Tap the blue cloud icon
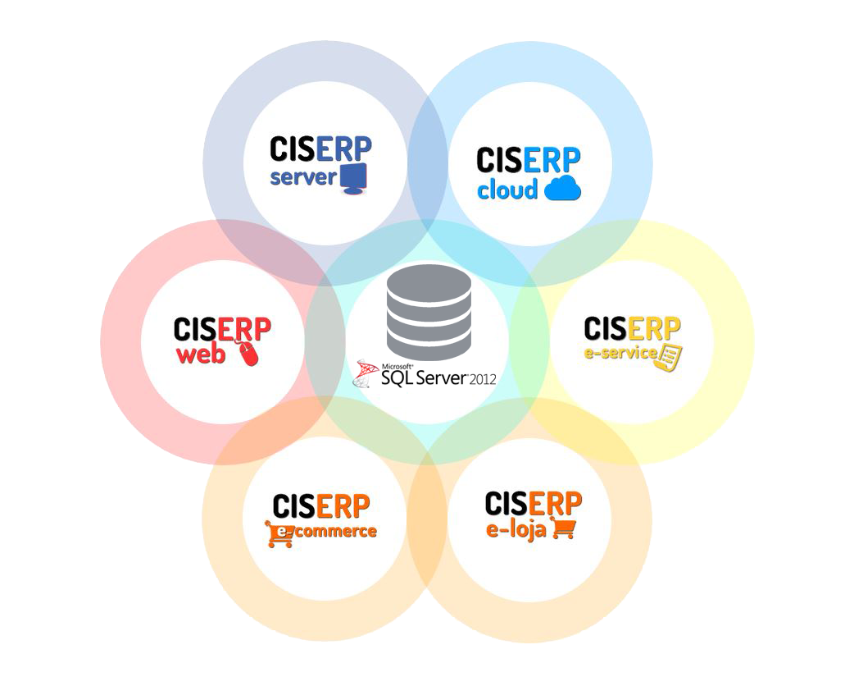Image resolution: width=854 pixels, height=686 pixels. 562,188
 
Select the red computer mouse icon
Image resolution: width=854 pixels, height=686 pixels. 248,354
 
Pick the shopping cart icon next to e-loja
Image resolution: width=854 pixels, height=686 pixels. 563,528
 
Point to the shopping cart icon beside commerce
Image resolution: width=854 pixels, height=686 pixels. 280,534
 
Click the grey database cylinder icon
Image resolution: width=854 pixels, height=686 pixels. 429,312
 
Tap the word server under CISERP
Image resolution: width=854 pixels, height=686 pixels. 303,177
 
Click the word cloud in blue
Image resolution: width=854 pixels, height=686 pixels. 507,190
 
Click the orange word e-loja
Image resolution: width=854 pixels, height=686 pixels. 516,529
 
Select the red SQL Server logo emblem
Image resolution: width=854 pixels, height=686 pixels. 366,375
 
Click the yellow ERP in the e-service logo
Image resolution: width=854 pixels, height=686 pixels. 655,329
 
